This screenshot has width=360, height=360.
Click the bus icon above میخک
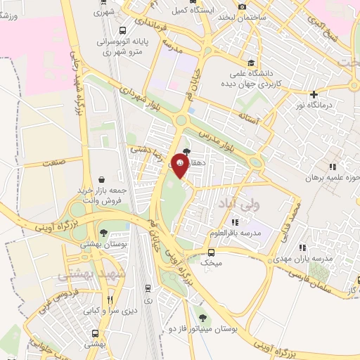click(x=212, y=252)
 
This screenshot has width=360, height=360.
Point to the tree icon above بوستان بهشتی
click(x=103, y=233)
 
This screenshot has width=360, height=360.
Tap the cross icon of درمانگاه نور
click(x=314, y=95)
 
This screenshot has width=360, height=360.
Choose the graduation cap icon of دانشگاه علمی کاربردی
click(x=251, y=61)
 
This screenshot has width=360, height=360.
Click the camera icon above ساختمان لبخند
click(x=243, y=6)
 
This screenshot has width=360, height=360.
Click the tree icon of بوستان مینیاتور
click(x=204, y=318)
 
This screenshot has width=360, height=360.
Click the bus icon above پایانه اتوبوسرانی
click(x=123, y=30)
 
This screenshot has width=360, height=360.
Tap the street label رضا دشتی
click(x=141, y=149)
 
